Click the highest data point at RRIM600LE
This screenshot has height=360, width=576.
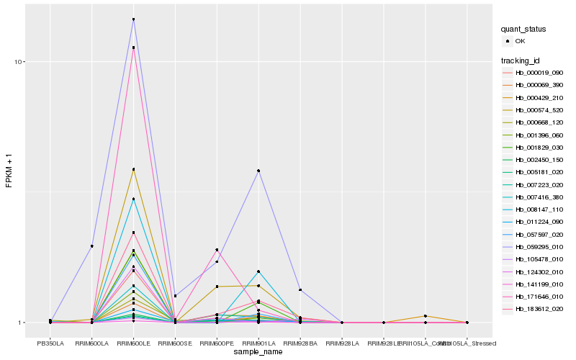pyautogui.click(x=133, y=19)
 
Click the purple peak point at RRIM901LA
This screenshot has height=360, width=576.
pyautogui.click(x=258, y=171)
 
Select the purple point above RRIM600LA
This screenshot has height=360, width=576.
pyautogui.click(x=92, y=246)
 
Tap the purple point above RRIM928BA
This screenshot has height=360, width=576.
pyautogui.click(x=300, y=289)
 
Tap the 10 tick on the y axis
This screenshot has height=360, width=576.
pyautogui.click(x=20, y=62)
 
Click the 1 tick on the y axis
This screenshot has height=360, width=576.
pyautogui.click(x=22, y=323)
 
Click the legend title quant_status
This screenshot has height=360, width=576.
pyautogui.click(x=523, y=30)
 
